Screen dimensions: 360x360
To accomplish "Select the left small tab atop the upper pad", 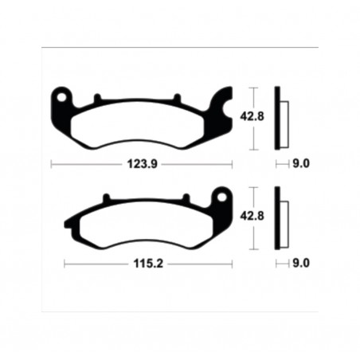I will tap(96, 99).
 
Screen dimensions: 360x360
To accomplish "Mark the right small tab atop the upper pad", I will tap(171, 99).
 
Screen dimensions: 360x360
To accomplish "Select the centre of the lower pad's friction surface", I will tap(143, 224).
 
